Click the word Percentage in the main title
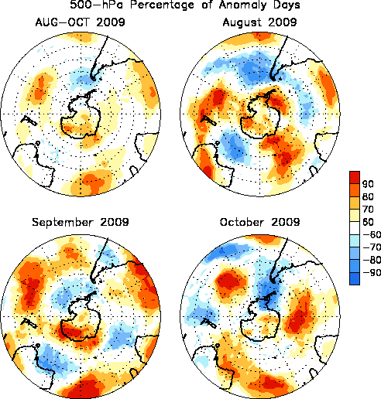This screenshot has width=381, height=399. coord(162,5)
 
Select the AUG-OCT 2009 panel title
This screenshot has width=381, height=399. coord(81,22)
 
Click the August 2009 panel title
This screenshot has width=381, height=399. coord(259,22)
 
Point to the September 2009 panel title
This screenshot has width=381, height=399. coord(81,222)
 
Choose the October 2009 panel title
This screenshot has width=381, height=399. coord(259,222)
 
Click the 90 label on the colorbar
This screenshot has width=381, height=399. coord(368,184)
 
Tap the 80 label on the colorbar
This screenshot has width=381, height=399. coord(368,196)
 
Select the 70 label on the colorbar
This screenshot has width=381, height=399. coord(368,210)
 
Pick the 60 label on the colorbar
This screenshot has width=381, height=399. coord(368,222)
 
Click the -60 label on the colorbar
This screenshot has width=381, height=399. coord(372,234)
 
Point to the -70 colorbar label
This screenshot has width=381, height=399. coord(372,247)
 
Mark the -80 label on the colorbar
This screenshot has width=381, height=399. coord(372,260)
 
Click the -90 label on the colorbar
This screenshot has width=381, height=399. coord(372,272)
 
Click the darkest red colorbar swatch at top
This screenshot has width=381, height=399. coord(355,177)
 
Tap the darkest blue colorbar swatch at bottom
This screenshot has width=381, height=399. coord(355,278)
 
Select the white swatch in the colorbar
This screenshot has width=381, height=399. coord(355,228)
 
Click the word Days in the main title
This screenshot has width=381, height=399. coord(285,5)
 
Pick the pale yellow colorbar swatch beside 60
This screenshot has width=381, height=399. coord(355,216)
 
